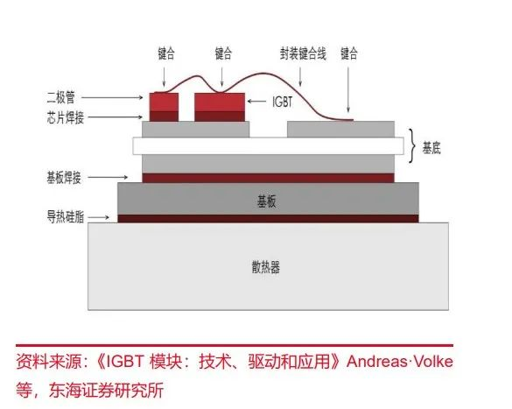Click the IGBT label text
click(283, 102)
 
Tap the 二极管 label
click(61, 97)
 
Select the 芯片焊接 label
click(66, 117)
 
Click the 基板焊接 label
click(64, 178)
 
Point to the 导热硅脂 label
click(66, 217)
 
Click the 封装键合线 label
click(303, 53)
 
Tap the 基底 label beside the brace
click(431, 148)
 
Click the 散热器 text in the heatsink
click(266, 267)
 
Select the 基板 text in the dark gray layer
click(266, 201)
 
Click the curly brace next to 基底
click(414, 145)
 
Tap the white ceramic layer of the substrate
click(268, 145)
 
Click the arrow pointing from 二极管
click(112, 97)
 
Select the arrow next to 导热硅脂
click(99, 217)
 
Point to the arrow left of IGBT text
click(256, 102)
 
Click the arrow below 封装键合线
click(300, 77)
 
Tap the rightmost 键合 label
click(349, 53)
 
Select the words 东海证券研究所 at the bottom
click(107, 390)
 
